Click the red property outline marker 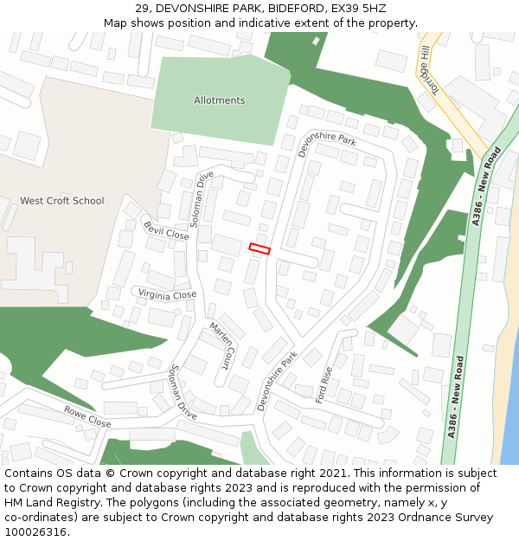click(x=259, y=248)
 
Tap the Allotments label click(x=219, y=100)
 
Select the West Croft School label click(x=62, y=201)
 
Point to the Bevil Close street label click(x=166, y=229)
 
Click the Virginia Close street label click(x=167, y=294)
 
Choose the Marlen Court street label click(x=221, y=343)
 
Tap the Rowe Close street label click(x=87, y=417)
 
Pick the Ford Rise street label click(x=324, y=386)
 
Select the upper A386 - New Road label click(x=487, y=187)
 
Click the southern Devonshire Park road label click(x=277, y=381)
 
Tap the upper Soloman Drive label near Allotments click(x=202, y=199)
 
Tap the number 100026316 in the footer click(x=35, y=531)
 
